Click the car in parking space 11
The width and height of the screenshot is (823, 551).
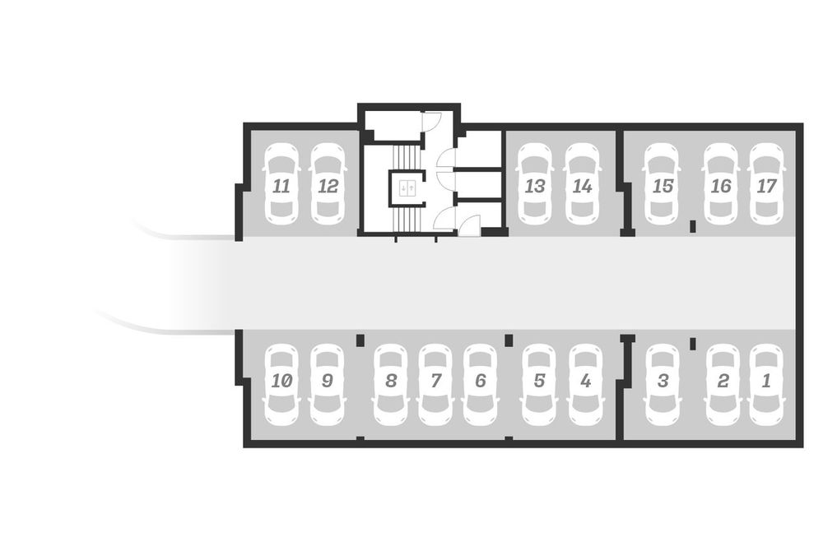click(281, 184)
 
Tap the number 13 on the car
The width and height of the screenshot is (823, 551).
click(535, 186)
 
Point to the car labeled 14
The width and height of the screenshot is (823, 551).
click(582, 184)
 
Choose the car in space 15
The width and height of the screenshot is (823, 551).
click(662, 184)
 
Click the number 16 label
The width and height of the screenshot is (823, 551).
click(721, 186)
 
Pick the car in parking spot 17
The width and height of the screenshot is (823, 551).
click(766, 184)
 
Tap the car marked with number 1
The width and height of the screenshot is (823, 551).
click(766, 384)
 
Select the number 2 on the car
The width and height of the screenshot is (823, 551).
click(723, 381)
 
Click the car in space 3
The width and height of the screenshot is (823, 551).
click(663, 384)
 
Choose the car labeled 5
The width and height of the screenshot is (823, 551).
click(539, 384)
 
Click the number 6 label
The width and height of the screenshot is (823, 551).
click(481, 381)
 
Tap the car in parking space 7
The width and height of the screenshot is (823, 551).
click(435, 384)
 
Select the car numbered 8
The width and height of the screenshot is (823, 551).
click(390, 384)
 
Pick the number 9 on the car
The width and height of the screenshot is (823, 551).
click(327, 381)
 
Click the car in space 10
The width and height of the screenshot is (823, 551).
click(281, 384)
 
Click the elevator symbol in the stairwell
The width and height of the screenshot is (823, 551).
click(407, 188)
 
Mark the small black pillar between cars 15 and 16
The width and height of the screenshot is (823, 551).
click(692, 226)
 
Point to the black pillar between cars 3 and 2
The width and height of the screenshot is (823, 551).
click(692, 344)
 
